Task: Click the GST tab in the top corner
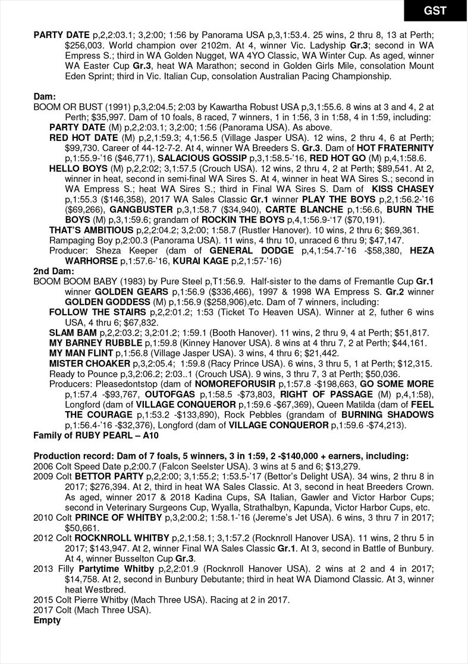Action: tap(435, 11)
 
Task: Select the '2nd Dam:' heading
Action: tap(50, 271)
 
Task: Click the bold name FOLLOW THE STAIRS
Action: tap(98, 312)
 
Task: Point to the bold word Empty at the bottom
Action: tap(47, 621)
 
